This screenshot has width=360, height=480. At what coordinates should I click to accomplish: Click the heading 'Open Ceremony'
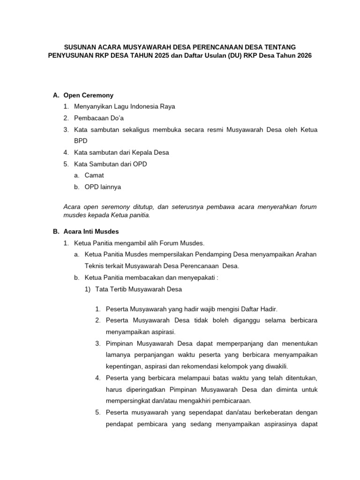coord(88,95)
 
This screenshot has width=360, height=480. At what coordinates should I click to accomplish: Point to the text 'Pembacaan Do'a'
coord(98,118)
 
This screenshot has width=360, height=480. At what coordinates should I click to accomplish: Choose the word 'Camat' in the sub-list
coord(94,175)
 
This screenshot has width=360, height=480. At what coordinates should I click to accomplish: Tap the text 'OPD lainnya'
coord(103,187)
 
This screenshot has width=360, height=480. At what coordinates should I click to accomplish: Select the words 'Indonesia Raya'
coord(152,106)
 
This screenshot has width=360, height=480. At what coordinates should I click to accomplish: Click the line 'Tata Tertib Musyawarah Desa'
coord(138,289)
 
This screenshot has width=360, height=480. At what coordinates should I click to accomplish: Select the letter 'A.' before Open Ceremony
coord(56,95)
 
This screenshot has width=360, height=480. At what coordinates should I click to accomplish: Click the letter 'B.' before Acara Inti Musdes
coord(56,232)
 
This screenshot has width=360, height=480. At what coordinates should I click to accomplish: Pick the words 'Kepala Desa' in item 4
coord(151,152)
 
